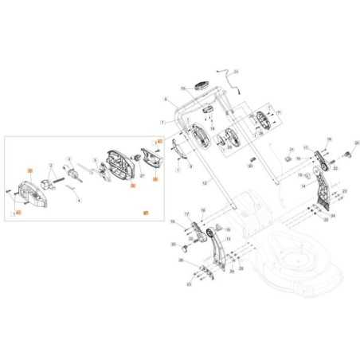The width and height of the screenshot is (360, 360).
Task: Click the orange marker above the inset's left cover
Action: point(29,171)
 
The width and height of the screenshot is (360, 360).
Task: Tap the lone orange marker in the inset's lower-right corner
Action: point(145,213)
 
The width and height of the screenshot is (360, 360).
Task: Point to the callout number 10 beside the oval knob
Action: point(182,87)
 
